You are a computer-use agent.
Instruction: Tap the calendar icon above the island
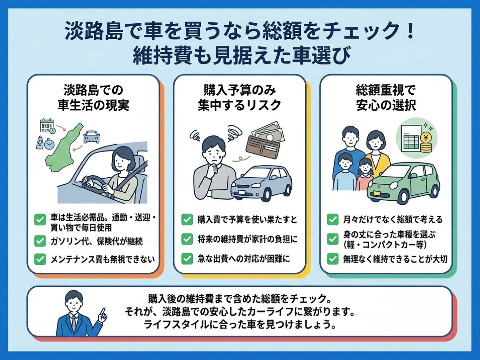(47, 126)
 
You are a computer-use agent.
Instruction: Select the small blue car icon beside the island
(92, 137)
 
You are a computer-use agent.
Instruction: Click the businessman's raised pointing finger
(104, 312)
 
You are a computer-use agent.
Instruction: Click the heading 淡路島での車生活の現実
(93, 98)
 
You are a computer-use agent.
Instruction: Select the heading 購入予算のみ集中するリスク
(239, 98)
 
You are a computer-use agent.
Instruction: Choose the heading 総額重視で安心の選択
(386, 98)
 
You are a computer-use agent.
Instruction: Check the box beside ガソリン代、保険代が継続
(40, 241)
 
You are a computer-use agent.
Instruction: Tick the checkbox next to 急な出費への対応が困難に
(187, 259)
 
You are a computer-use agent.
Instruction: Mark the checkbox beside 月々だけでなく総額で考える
(333, 220)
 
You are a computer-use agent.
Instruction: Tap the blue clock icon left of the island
(49, 144)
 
